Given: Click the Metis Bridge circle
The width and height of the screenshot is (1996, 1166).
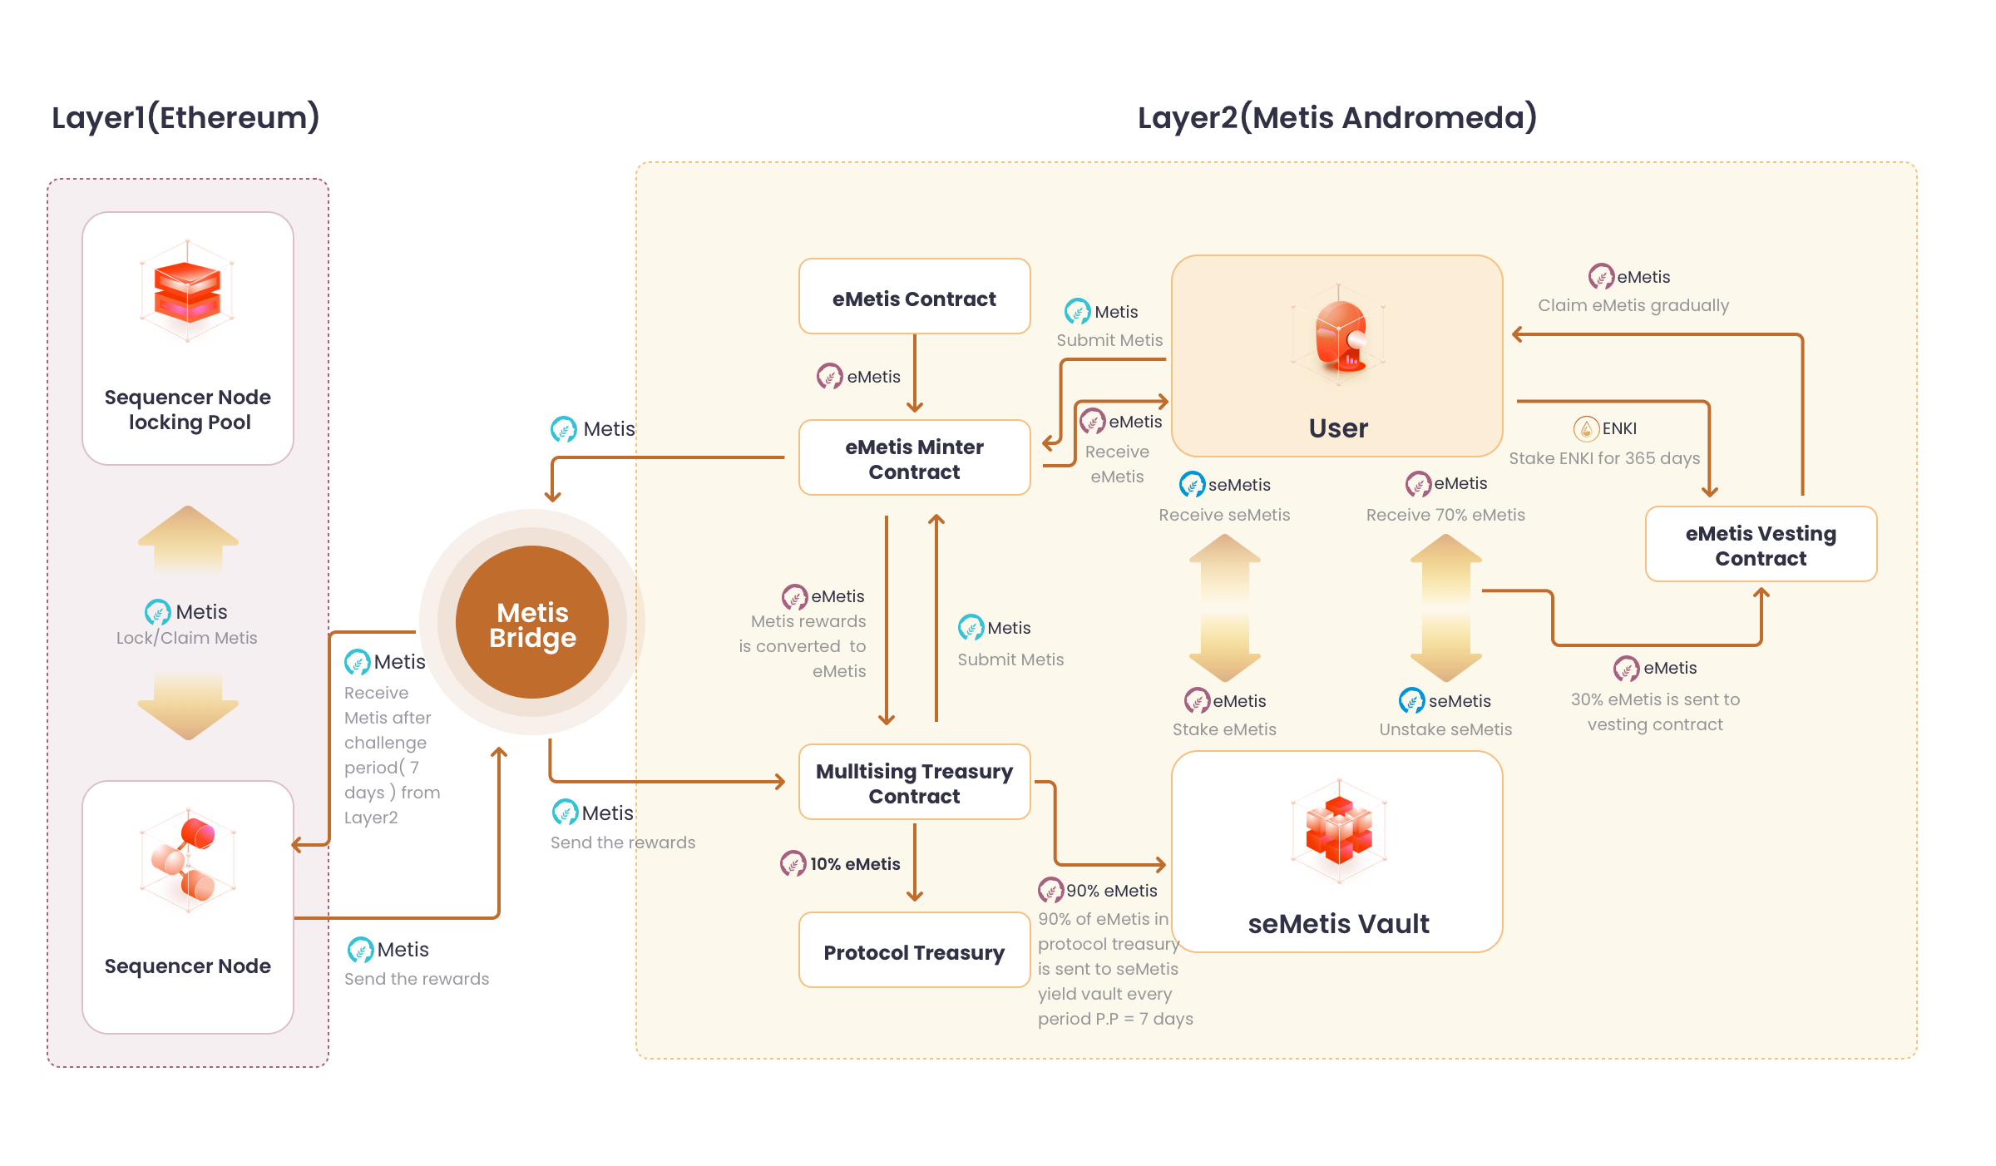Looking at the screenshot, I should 532,623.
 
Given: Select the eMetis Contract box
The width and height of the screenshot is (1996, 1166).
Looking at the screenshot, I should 914,297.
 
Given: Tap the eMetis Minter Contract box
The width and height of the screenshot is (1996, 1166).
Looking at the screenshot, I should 914,458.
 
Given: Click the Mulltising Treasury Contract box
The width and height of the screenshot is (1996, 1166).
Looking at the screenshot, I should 914,783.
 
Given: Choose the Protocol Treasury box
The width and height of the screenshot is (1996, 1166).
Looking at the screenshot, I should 914,951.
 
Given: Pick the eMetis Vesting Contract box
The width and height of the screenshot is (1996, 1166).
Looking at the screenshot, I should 1761,545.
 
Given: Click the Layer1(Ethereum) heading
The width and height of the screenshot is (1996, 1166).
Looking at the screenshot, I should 185,118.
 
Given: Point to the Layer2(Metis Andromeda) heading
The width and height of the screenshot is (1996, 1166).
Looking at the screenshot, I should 1336,118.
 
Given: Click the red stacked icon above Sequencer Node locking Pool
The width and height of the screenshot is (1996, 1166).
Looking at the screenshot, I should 188,291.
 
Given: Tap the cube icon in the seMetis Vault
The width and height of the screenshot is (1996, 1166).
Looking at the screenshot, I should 1338,829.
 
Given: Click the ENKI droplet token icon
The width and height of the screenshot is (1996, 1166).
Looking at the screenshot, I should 1586,428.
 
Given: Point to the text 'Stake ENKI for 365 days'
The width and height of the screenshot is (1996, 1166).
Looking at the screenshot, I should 1604,458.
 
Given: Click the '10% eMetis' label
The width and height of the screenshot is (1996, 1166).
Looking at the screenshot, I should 854,864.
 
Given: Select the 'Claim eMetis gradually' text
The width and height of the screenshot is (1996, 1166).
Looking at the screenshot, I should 1633,305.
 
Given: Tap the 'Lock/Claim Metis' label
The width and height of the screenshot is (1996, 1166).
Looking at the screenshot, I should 186,638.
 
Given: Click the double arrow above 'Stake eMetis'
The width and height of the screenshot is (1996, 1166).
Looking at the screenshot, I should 1225,607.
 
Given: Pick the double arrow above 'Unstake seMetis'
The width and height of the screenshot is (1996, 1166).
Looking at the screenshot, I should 1446,607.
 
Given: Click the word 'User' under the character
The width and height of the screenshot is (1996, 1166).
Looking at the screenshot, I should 1338,428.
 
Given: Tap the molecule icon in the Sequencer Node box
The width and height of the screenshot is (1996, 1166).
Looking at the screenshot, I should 188,861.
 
